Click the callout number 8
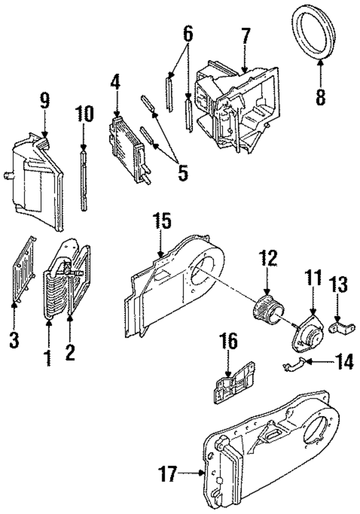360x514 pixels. pyautogui.click(x=320, y=97)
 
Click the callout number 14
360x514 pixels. pyautogui.click(x=344, y=362)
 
